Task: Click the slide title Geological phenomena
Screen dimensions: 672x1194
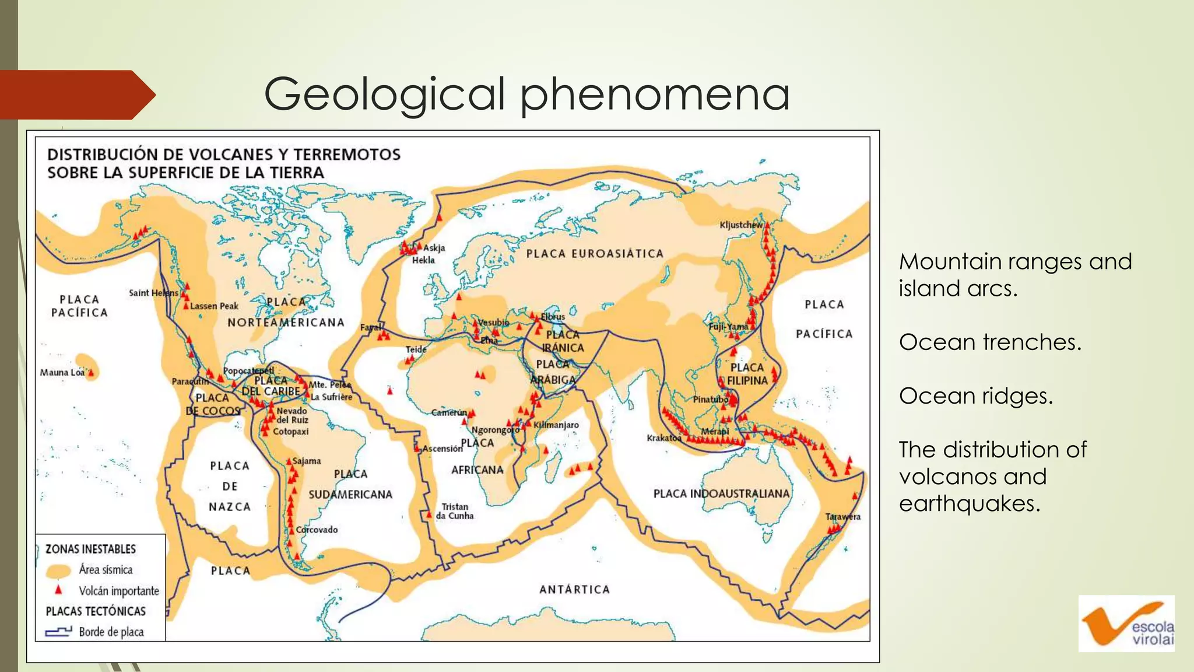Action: pos(526,94)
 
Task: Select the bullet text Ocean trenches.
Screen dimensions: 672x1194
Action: pos(989,342)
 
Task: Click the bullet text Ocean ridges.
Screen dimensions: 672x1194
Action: pos(975,396)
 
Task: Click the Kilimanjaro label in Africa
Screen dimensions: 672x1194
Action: pos(556,425)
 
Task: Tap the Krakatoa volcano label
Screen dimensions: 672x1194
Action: pos(663,437)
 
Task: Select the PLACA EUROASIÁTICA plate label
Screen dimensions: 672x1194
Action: pos(595,254)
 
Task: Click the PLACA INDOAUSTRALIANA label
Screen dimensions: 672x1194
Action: pos(721,494)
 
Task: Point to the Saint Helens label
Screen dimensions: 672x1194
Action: pos(153,293)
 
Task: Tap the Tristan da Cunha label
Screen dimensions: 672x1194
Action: pos(455,511)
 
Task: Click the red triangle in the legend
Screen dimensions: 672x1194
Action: pos(58,590)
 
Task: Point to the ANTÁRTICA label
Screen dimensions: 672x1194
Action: pos(574,590)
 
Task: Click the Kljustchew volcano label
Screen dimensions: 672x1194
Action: pos(740,225)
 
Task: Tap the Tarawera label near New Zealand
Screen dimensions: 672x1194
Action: pos(842,516)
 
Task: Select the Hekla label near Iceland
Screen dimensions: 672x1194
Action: pos(423,260)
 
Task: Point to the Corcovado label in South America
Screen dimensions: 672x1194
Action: pos(317,530)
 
